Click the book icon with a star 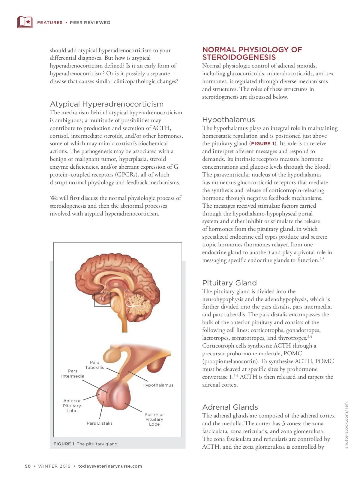25,22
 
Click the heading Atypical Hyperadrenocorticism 106,104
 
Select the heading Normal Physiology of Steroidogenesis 252,53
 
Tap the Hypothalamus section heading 228,120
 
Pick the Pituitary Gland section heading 229,283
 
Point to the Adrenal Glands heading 230,407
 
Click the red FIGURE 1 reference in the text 262,144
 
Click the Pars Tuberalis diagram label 94,365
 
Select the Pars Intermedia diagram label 73,374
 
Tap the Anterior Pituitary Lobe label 72,406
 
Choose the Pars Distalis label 99,423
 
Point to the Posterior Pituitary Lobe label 154,419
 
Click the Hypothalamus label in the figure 158,385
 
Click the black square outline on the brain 103,300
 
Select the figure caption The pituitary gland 86,444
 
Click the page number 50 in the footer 28,466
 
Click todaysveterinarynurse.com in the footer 110,466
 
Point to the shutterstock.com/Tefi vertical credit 346,425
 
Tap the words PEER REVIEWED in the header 90,23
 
